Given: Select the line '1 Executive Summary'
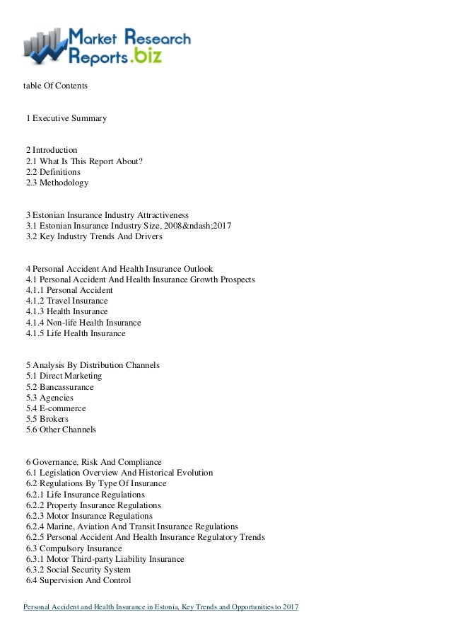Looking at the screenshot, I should [66, 118].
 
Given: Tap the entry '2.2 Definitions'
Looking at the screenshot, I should [53, 172].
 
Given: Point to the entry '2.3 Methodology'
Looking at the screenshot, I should [57, 183].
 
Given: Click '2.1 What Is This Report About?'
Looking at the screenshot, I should [84, 161].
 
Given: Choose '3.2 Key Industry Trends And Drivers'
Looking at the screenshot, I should [94, 236].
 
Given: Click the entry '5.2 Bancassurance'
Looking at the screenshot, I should [59, 387].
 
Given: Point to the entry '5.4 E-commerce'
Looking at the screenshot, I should [56, 408].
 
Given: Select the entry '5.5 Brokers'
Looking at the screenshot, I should [47, 419].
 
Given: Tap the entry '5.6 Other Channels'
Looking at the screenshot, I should [61, 430].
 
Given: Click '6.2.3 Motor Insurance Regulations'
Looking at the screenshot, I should [89, 516].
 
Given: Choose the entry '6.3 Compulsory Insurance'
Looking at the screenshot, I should [74, 548].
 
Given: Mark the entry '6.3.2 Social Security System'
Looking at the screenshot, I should [78, 570].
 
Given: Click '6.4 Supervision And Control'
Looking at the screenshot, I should [78, 581].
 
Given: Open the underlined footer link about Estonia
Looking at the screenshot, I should [161, 607].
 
